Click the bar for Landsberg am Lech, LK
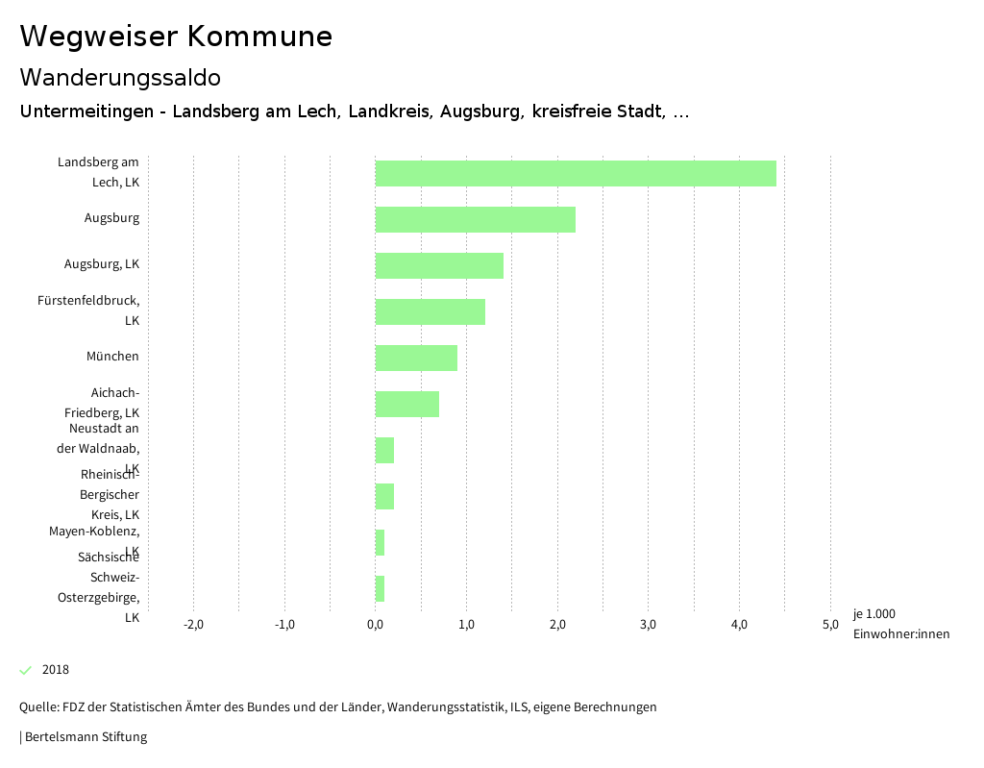pyautogui.click(x=575, y=173)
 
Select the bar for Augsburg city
pyautogui.click(x=475, y=219)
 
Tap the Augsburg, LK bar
pyautogui.click(x=439, y=265)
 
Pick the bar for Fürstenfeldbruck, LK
pyautogui.click(x=430, y=311)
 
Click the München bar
pyautogui.click(x=416, y=358)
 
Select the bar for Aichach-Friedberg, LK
pyautogui.click(x=406, y=404)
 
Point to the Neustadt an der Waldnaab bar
pyautogui.click(x=384, y=450)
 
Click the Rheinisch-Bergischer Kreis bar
pyautogui.click(x=384, y=496)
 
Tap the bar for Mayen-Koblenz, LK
pyautogui.click(x=380, y=542)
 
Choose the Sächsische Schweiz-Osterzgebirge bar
pyautogui.click(x=380, y=588)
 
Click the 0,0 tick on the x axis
pyautogui.click(x=375, y=625)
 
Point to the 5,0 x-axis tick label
pyautogui.click(x=829, y=625)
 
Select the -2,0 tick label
pyautogui.click(x=193, y=625)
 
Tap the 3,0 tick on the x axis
pyautogui.click(x=648, y=625)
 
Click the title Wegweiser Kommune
pyautogui.click(x=176, y=37)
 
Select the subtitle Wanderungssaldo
pyautogui.click(x=120, y=77)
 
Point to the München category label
pyautogui.click(x=112, y=357)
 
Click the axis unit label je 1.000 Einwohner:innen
pyautogui.click(x=900, y=624)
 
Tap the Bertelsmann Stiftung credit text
pyautogui.click(x=85, y=737)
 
